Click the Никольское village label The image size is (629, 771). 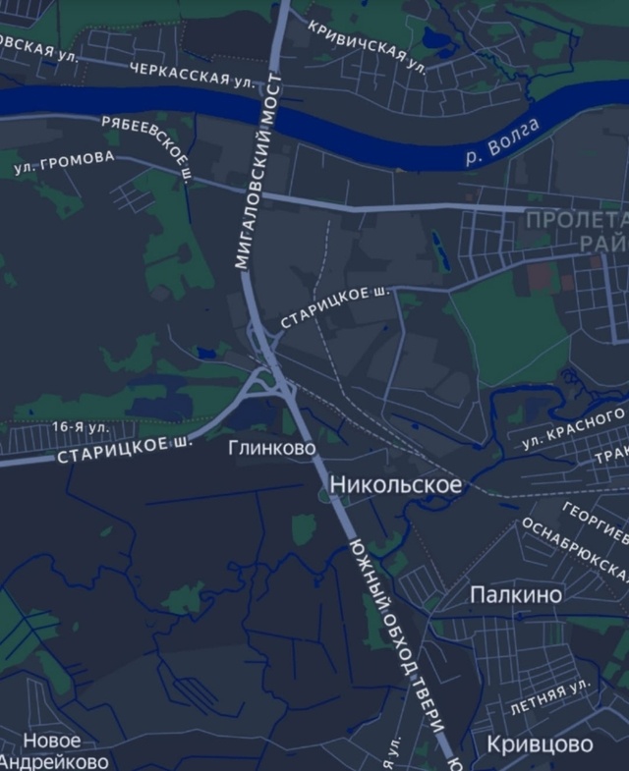pyautogui.click(x=395, y=484)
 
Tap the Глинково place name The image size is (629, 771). pyautogui.click(x=272, y=448)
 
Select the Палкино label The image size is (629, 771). pyautogui.click(x=516, y=594)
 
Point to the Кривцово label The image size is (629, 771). pyautogui.click(x=540, y=744)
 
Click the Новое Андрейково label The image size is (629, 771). pyautogui.click(x=53, y=750)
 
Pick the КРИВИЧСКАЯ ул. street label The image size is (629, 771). pyautogui.click(x=366, y=45)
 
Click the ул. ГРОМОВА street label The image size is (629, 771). pyautogui.click(x=64, y=162)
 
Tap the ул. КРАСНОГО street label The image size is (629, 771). pyautogui.click(x=573, y=429)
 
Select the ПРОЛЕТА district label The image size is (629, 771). pyautogui.click(x=576, y=219)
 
